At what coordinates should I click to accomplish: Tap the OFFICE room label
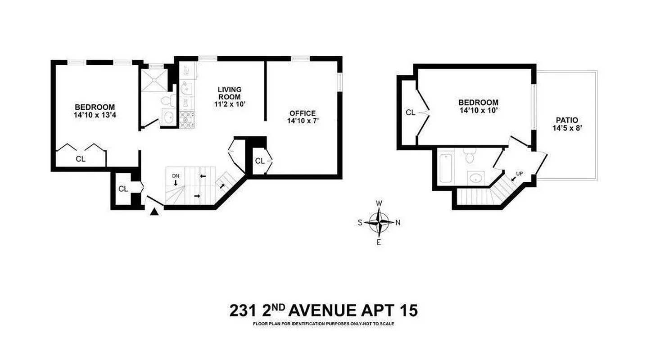pos(302,113)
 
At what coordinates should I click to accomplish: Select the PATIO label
pos(566,121)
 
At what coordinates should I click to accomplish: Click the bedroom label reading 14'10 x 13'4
pos(95,115)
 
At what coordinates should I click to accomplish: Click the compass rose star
pos(379,222)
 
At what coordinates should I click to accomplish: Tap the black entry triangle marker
pos(154,211)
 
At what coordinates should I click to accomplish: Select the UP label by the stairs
pos(519,173)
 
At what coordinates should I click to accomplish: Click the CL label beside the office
pos(259,161)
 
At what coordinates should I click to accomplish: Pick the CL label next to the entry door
pos(123,189)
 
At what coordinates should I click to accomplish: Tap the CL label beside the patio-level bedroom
pos(410,112)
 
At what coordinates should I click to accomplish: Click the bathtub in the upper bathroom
pos(445,168)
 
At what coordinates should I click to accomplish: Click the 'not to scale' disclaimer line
pos(323,324)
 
